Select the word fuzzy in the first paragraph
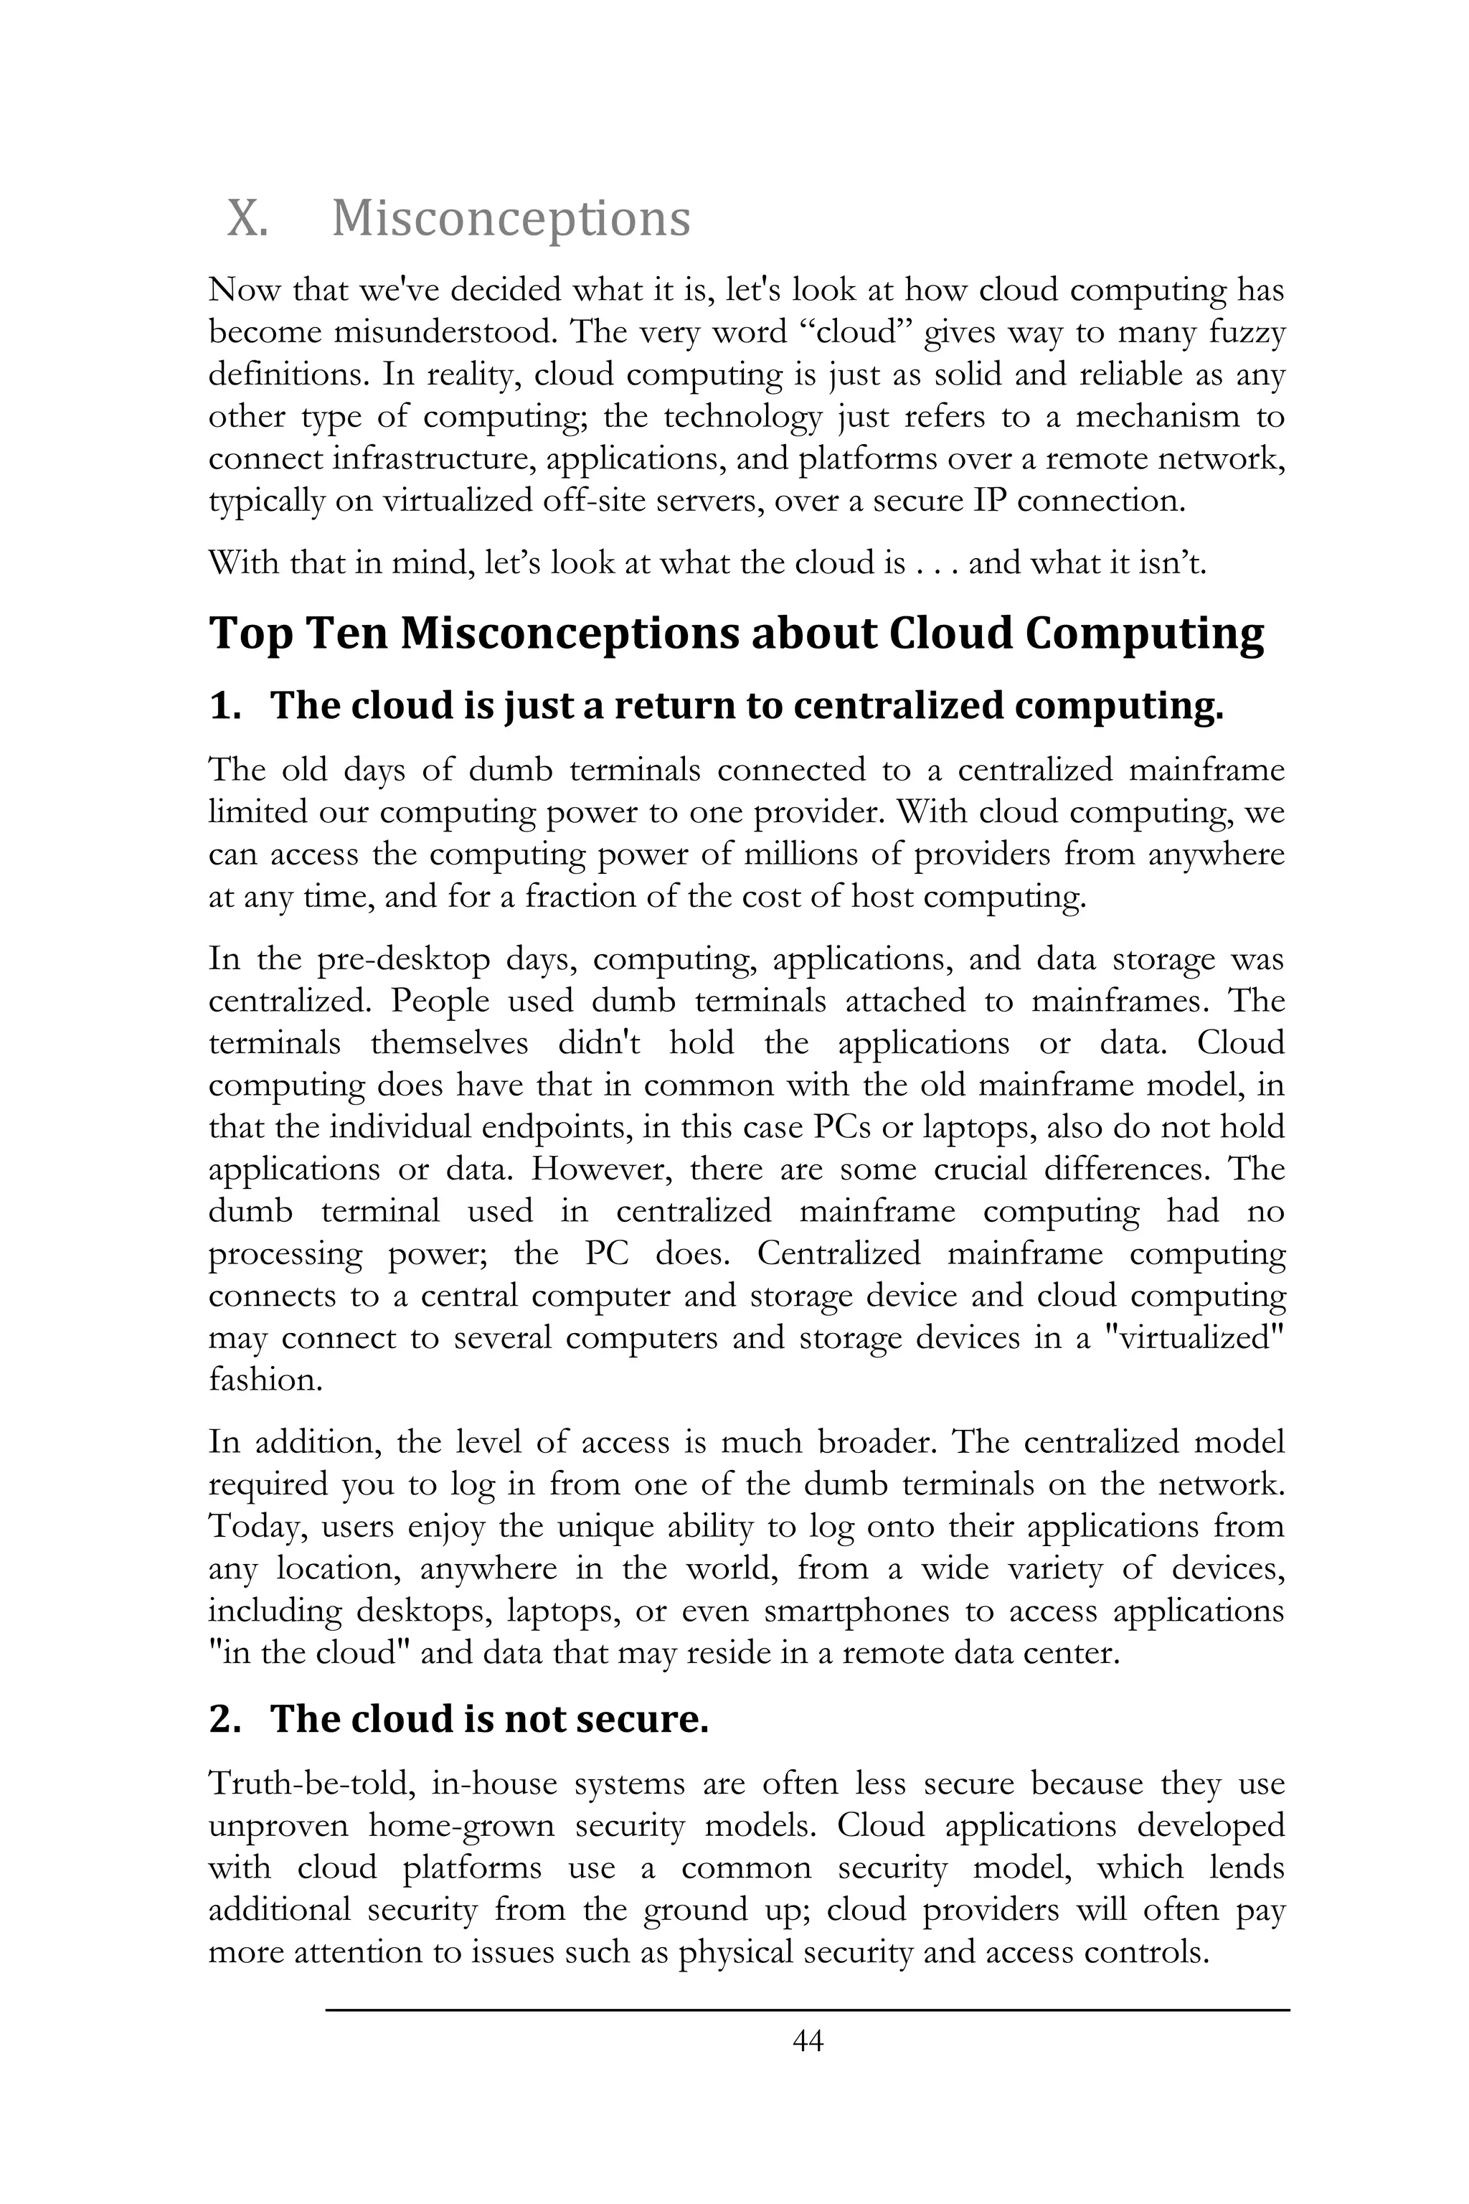1245,334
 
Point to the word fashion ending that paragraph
265,1380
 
